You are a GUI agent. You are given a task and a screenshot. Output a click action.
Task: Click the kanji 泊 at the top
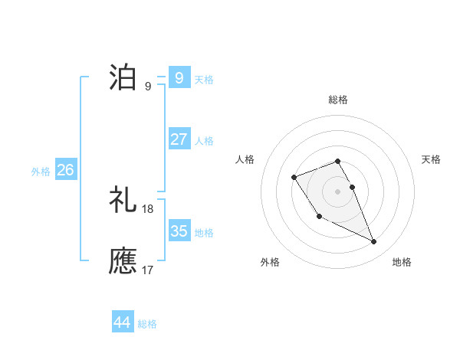click(x=123, y=77)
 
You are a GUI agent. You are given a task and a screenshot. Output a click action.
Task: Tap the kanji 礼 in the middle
click(x=123, y=200)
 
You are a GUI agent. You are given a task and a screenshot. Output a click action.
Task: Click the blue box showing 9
click(x=179, y=77)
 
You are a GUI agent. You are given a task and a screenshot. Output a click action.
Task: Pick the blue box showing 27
click(x=179, y=139)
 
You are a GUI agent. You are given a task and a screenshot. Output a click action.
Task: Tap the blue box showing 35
click(x=179, y=231)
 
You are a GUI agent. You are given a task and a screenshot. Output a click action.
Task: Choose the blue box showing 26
click(x=65, y=170)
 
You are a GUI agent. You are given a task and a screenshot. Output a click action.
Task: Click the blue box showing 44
click(x=122, y=322)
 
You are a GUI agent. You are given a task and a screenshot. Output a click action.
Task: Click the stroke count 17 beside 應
click(x=148, y=270)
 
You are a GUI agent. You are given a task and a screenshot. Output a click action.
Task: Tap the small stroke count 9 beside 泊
click(x=148, y=87)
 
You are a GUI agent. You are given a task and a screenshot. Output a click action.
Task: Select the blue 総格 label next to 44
click(x=147, y=324)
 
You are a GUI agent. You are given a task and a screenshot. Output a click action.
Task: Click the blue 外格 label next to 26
click(x=41, y=172)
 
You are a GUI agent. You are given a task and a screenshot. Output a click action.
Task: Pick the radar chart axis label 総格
click(x=338, y=100)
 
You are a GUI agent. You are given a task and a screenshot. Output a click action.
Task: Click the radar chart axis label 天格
click(x=432, y=159)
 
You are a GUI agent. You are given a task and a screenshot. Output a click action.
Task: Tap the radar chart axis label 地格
click(x=402, y=262)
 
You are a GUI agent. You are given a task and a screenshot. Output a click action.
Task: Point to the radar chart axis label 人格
click(x=245, y=159)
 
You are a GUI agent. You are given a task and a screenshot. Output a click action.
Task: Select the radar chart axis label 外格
click(x=270, y=262)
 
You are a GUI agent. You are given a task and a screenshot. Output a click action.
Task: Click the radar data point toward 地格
click(x=374, y=242)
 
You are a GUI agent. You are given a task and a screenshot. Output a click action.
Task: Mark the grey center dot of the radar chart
click(x=338, y=191)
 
